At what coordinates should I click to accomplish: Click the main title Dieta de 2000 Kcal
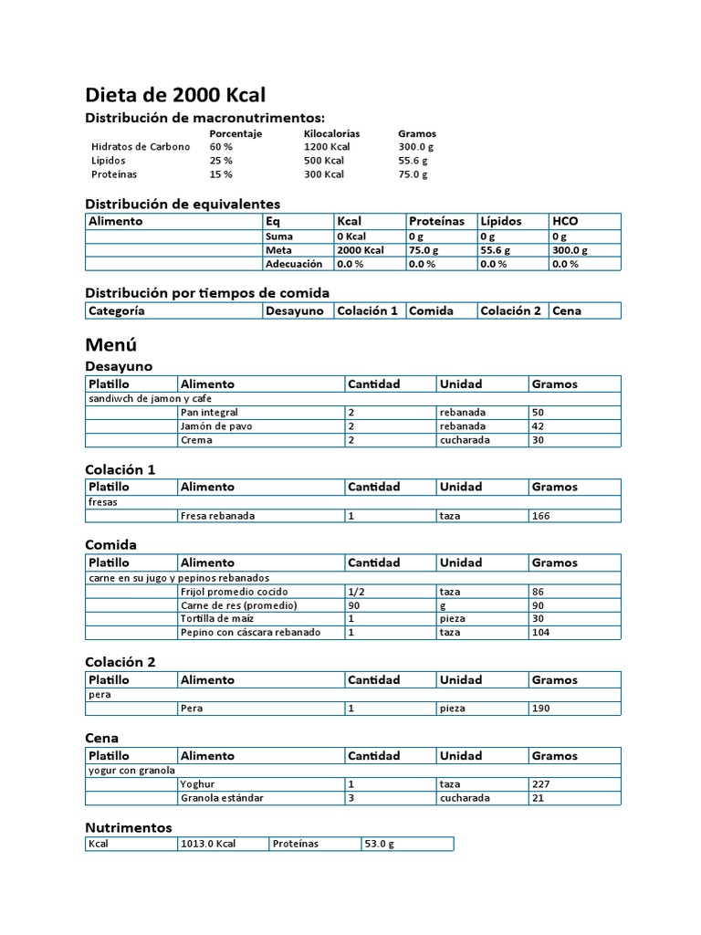[175, 95]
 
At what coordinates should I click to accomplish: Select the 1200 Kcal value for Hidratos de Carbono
[327, 146]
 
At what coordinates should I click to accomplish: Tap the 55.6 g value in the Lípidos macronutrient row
[413, 160]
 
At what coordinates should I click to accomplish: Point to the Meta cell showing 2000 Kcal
[361, 249]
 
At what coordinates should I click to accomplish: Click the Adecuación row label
[294, 264]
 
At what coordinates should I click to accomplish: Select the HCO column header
[565, 221]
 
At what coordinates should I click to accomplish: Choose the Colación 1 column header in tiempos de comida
[368, 310]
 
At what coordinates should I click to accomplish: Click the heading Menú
[110, 345]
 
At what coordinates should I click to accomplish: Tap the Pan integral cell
[209, 413]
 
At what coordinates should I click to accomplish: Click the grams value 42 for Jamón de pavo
[539, 426]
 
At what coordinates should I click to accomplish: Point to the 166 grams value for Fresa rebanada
[542, 516]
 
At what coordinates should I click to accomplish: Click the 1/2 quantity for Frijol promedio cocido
[356, 592]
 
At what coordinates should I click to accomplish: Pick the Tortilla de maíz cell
[217, 618]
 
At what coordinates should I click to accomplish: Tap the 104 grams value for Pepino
[542, 632]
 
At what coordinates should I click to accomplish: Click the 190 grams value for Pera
[542, 709]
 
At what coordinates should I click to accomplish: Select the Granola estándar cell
[222, 797]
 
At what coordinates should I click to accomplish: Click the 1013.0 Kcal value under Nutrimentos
[208, 844]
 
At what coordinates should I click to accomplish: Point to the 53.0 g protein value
[379, 844]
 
